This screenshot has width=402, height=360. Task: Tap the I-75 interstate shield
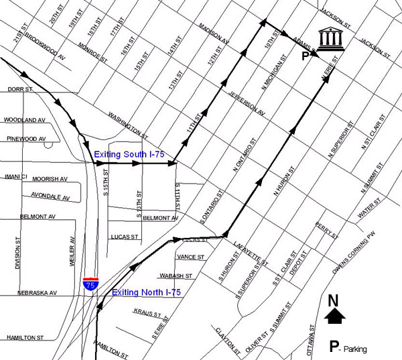(x=90, y=284)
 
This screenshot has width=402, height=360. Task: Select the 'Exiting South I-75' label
(x=129, y=155)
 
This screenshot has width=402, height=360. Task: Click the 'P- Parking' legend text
(x=348, y=348)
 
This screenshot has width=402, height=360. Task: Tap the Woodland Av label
(x=23, y=120)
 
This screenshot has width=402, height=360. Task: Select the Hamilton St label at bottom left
(x=25, y=337)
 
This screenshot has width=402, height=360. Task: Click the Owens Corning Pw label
(x=358, y=257)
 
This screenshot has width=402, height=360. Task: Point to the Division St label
(x=17, y=251)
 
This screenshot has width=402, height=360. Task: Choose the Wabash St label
(x=176, y=276)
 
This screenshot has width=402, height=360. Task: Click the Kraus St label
(x=147, y=313)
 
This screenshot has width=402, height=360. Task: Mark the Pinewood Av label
(x=25, y=139)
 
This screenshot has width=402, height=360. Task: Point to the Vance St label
(x=191, y=257)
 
